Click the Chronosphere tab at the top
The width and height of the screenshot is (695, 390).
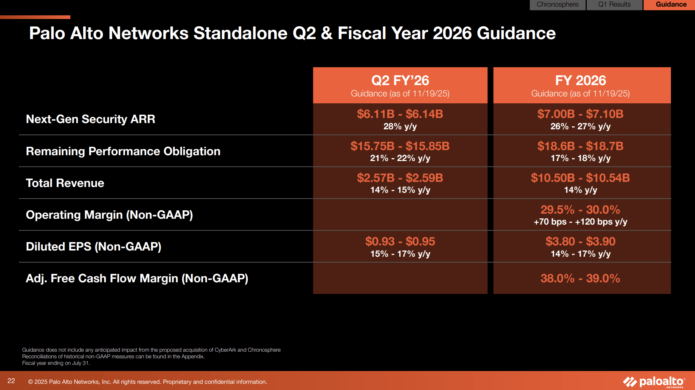click(557, 4)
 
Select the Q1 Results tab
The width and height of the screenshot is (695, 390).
click(614, 4)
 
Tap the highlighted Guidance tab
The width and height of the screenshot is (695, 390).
click(671, 4)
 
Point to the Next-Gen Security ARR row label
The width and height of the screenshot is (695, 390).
click(90, 119)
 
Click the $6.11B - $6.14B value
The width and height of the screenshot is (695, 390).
click(400, 114)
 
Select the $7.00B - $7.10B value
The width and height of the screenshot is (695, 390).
click(580, 114)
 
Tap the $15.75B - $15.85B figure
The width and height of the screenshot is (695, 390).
click(400, 146)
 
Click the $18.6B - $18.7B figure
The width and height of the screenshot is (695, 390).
click(580, 146)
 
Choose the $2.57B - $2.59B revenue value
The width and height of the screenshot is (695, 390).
click(400, 178)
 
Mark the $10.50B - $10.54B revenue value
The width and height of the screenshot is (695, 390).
click(580, 178)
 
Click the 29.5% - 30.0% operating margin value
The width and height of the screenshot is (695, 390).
click(580, 210)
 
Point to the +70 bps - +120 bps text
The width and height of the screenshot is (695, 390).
click(580, 222)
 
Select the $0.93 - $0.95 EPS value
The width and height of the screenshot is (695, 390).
click(400, 241)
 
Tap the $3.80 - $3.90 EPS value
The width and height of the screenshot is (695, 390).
click(580, 241)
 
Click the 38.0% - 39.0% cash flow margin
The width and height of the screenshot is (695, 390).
click(580, 278)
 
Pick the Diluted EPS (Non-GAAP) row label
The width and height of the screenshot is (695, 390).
click(93, 246)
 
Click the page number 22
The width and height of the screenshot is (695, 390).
click(11, 381)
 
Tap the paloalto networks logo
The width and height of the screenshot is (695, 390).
click(654, 382)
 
